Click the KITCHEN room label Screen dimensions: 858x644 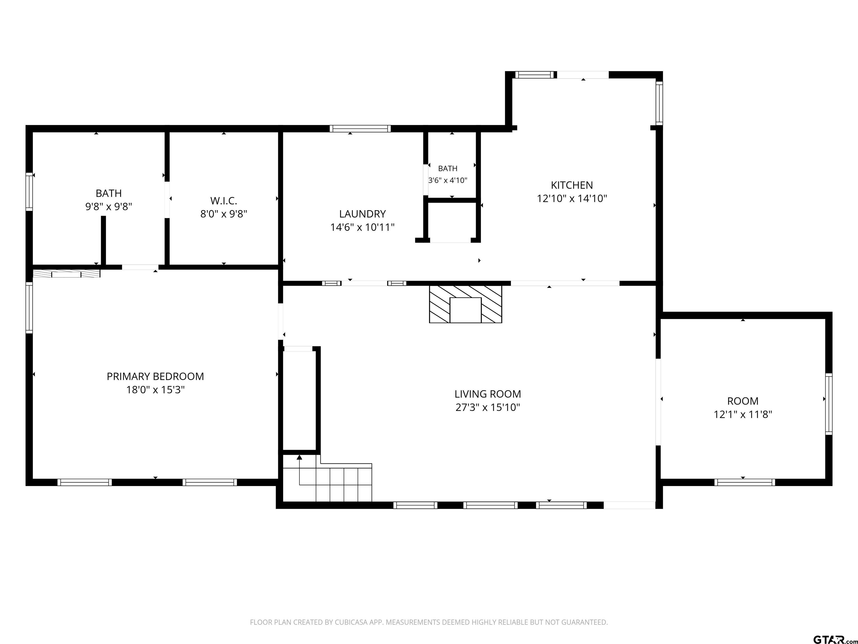point(572,185)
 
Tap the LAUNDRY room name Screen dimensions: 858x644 point(362,214)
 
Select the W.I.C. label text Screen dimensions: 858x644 point(223,201)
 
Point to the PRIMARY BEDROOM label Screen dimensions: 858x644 point(155,376)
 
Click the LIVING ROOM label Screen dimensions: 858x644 point(488,394)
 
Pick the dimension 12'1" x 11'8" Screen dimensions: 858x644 point(743,414)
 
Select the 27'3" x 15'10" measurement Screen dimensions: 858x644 point(488,407)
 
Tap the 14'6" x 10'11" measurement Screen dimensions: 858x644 point(362,227)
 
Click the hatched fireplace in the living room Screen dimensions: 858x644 point(466,304)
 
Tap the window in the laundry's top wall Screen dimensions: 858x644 point(360,129)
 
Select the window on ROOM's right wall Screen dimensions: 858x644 point(828,404)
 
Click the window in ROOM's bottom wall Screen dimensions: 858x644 point(744,482)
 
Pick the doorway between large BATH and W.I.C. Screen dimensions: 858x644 point(167,200)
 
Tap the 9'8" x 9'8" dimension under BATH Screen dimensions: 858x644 point(109,206)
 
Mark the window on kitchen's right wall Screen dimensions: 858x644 point(659,103)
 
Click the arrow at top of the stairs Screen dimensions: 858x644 point(299,457)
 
